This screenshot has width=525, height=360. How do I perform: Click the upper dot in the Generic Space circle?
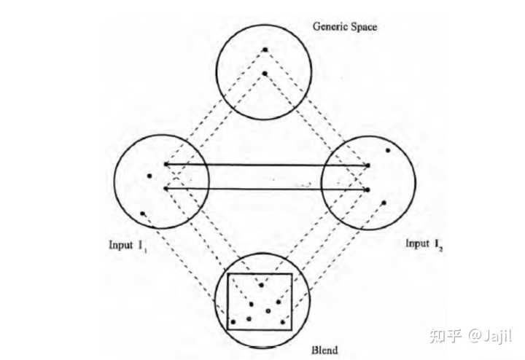click(266, 50)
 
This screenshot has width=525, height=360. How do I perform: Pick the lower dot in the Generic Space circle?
click(265, 73)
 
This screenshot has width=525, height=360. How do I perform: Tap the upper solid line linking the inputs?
click(266, 165)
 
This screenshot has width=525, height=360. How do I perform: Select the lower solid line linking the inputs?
click(266, 189)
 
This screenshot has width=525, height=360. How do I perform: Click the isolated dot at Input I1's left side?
click(149, 176)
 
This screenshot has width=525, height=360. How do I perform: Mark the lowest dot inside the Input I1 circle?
click(143, 213)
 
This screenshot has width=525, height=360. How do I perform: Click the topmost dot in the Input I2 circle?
click(388, 151)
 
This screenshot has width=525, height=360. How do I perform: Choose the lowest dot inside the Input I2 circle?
click(383, 202)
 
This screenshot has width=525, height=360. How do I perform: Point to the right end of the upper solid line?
click(368, 165)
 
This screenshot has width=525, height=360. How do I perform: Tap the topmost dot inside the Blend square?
click(260, 285)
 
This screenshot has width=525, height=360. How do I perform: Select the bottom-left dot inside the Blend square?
click(233, 321)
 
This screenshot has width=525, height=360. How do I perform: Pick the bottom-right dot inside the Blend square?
click(282, 321)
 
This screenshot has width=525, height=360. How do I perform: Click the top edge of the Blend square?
click(260, 274)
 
